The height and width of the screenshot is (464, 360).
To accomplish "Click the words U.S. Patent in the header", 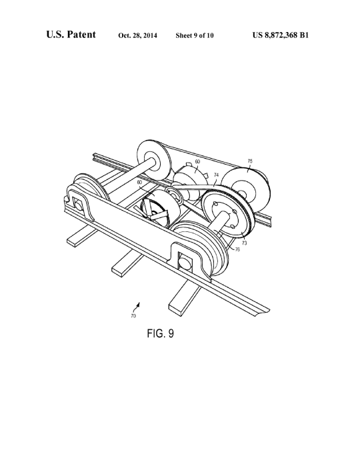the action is coord(71,35).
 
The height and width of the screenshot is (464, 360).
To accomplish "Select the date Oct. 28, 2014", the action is coord(137,35).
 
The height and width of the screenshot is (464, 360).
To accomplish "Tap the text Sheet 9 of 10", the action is coord(195,35).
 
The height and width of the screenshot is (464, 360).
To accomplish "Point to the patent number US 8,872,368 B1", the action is coord(281,35).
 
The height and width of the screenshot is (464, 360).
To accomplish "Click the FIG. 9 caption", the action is coord(160,333).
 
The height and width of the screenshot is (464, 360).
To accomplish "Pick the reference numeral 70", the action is coord(133,316).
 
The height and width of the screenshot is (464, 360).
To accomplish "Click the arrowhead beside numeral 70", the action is coord(138,304).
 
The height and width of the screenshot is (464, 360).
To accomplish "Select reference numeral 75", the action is coord(250,161).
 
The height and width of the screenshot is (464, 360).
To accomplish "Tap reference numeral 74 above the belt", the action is coord(216,175).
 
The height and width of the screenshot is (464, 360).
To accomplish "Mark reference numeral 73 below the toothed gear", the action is coord(244,243).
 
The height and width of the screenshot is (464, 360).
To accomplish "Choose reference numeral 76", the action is coord(237,249).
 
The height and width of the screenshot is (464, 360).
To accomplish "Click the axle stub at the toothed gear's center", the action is coord(225,213).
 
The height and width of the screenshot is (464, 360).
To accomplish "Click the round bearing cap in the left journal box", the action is coord(79,205).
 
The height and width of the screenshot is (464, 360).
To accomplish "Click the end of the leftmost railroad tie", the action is coord(73,243).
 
